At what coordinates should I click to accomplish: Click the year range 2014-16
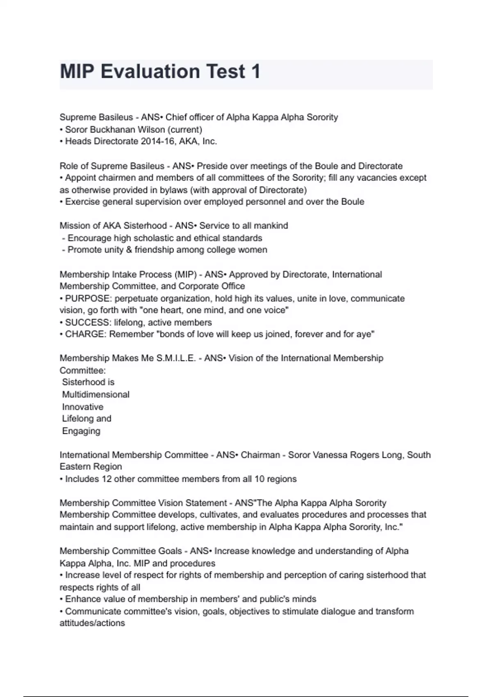(x=156, y=141)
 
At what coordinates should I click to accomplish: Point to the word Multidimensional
(x=96, y=394)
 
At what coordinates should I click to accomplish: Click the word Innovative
(x=82, y=407)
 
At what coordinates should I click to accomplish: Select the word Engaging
(x=81, y=431)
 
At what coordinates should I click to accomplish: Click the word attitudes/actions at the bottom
(x=92, y=623)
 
